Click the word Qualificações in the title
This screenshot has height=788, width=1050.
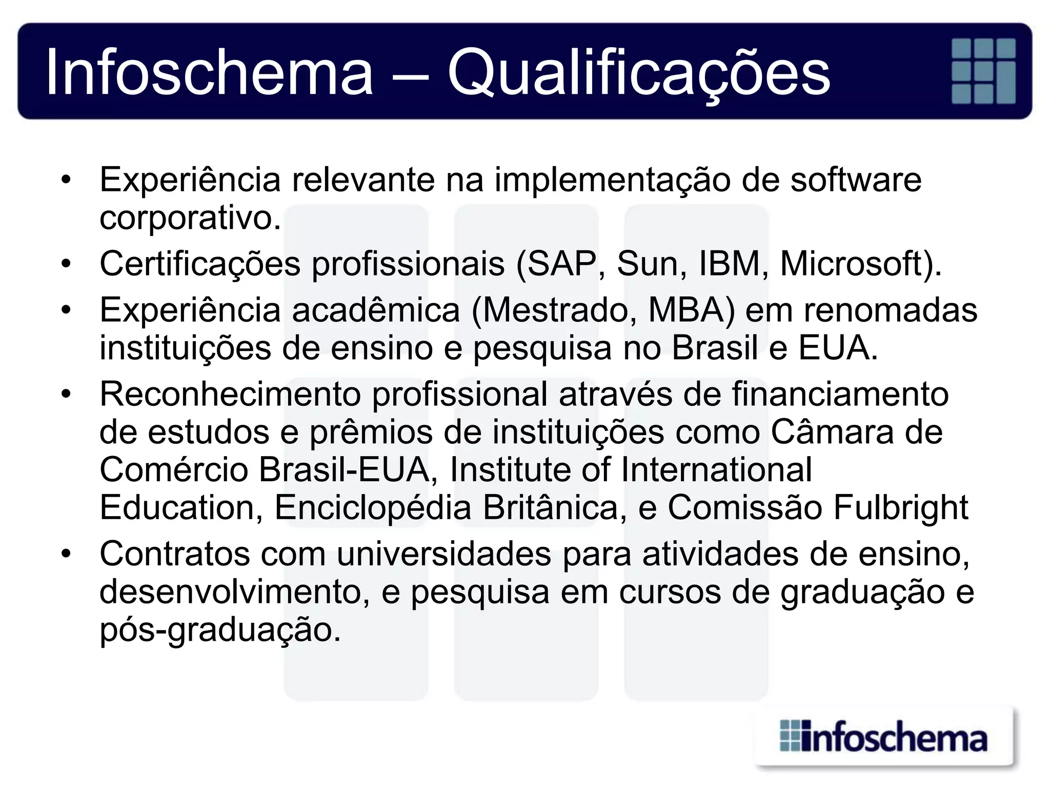(638, 72)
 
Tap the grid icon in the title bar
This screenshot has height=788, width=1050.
(983, 71)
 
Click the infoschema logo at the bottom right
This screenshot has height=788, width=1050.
(883, 737)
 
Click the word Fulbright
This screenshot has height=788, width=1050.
(901, 507)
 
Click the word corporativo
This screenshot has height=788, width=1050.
(190, 219)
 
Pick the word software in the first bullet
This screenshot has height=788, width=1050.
(856, 180)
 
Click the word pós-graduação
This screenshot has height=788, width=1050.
(220, 630)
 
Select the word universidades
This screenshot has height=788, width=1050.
(443, 554)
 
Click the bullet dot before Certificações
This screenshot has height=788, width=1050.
(65, 264)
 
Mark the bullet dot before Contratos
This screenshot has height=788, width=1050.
(65, 555)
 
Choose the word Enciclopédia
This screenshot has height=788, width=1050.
(373, 507)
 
